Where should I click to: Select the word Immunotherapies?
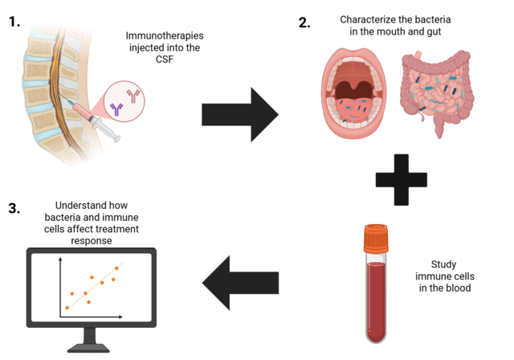click(x=162, y=36)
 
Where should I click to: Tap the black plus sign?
click(x=399, y=178)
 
